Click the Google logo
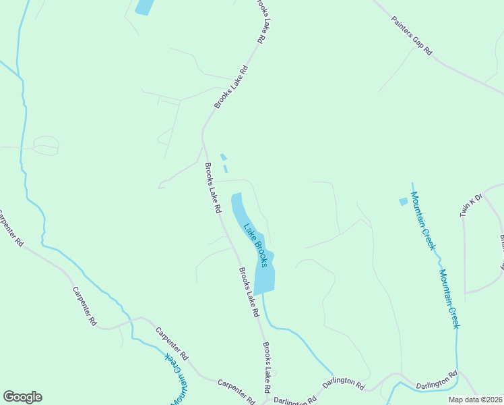click(x=22, y=397)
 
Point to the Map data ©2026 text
click(x=476, y=400)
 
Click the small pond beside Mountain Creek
click(x=404, y=201)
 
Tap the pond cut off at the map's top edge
click(x=144, y=7)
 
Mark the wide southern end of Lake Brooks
click(x=264, y=280)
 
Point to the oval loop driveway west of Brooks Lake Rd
click(x=46, y=145)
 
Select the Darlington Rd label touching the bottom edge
click(x=295, y=400)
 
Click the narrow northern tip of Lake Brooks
click(x=236, y=198)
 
